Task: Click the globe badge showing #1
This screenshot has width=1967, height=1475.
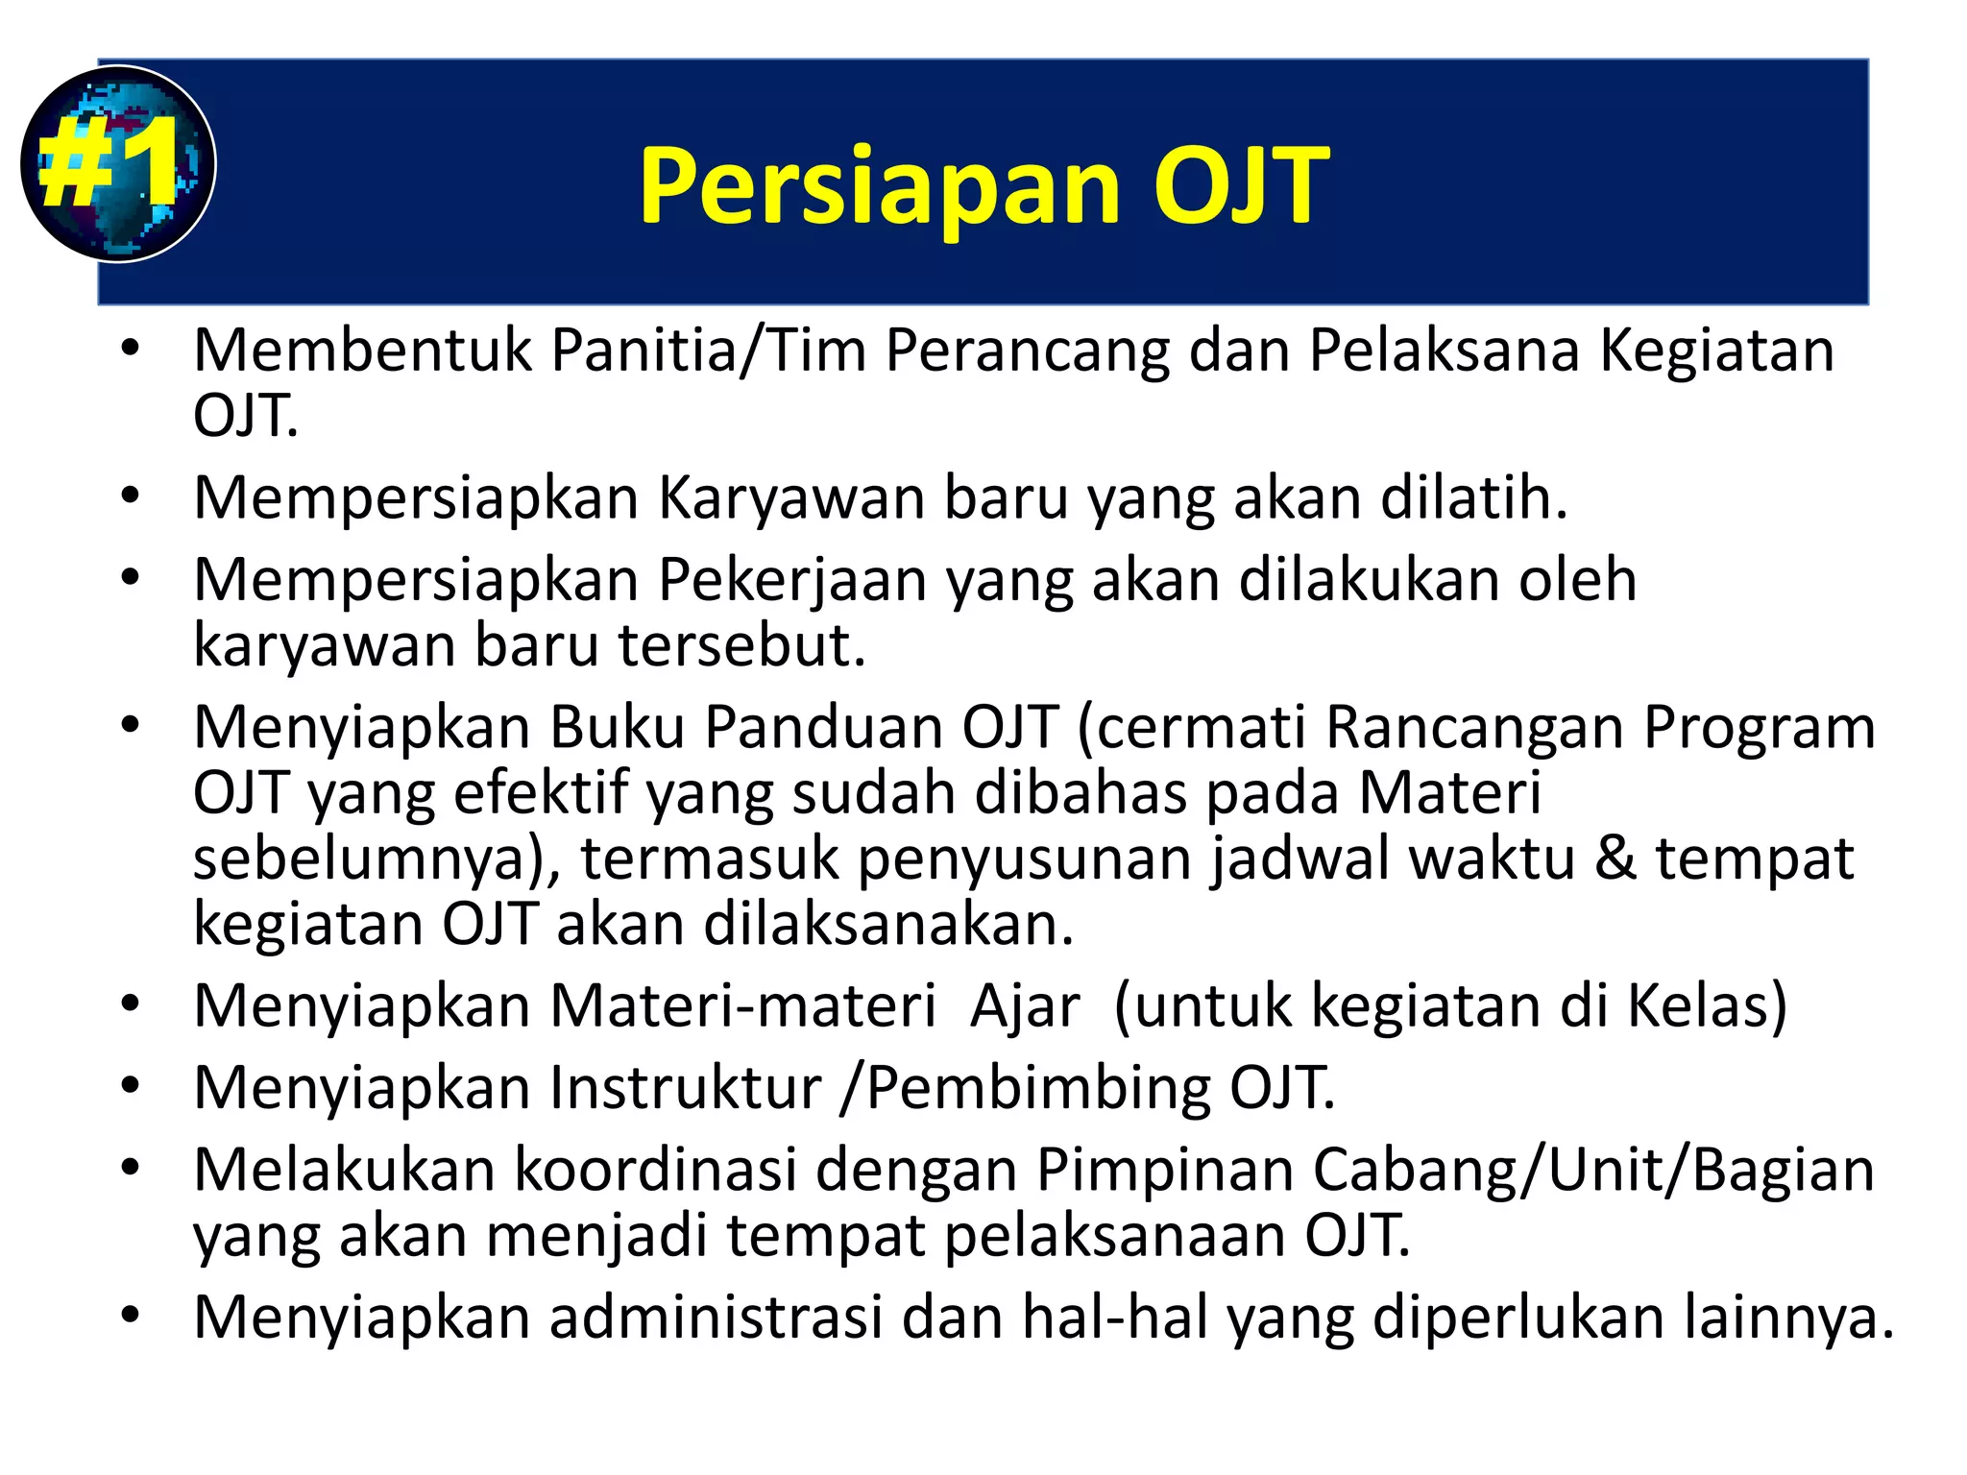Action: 117,163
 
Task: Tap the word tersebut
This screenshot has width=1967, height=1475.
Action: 741,645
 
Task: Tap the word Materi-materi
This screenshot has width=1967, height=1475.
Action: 742,1006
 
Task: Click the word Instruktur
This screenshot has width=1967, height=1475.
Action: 685,1088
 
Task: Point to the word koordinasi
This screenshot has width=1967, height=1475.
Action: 656,1170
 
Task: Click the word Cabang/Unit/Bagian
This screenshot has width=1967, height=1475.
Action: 1592,1170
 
